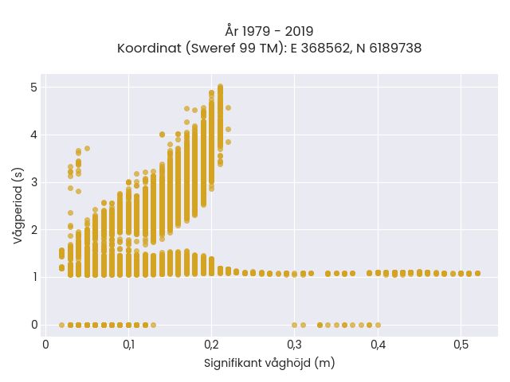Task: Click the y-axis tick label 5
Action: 34,88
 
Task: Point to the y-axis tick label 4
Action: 34,134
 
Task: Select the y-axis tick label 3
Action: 34,182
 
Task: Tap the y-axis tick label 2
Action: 34,230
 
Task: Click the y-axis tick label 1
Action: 34,277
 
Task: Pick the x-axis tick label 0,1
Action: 129,345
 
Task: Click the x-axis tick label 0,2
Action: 212,345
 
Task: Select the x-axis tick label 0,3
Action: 295,345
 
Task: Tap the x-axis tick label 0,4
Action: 378,345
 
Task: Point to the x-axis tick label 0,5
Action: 461,345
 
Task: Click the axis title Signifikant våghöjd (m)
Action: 269,363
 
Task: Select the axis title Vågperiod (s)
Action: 18,205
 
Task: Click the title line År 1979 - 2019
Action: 269,31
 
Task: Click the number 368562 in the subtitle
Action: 326,48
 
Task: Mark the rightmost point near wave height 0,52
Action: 477,274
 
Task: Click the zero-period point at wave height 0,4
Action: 378,325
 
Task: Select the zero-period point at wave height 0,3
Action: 294,325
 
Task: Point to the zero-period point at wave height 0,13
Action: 154,325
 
